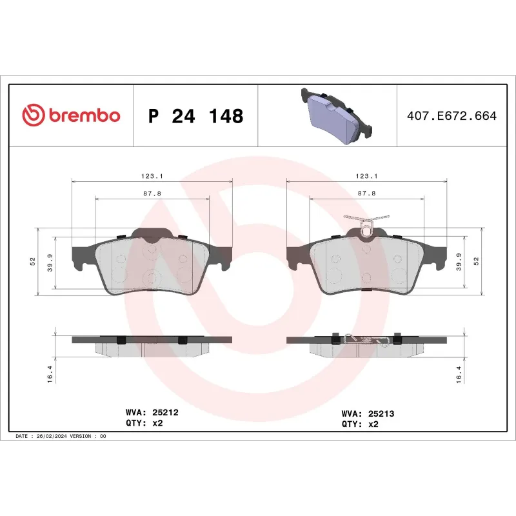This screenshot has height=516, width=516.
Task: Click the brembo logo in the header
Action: click(x=71, y=115)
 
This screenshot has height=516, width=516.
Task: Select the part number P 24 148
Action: click(x=195, y=116)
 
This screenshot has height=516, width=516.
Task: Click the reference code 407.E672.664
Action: click(x=452, y=116)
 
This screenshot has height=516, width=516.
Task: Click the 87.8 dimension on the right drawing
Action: click(x=366, y=193)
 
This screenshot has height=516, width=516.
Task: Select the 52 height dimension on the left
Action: click(x=32, y=261)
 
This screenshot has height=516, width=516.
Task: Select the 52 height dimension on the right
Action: click(x=477, y=261)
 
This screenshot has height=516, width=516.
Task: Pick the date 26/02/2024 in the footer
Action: click(x=52, y=437)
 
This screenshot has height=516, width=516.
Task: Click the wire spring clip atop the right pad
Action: click(x=366, y=223)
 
